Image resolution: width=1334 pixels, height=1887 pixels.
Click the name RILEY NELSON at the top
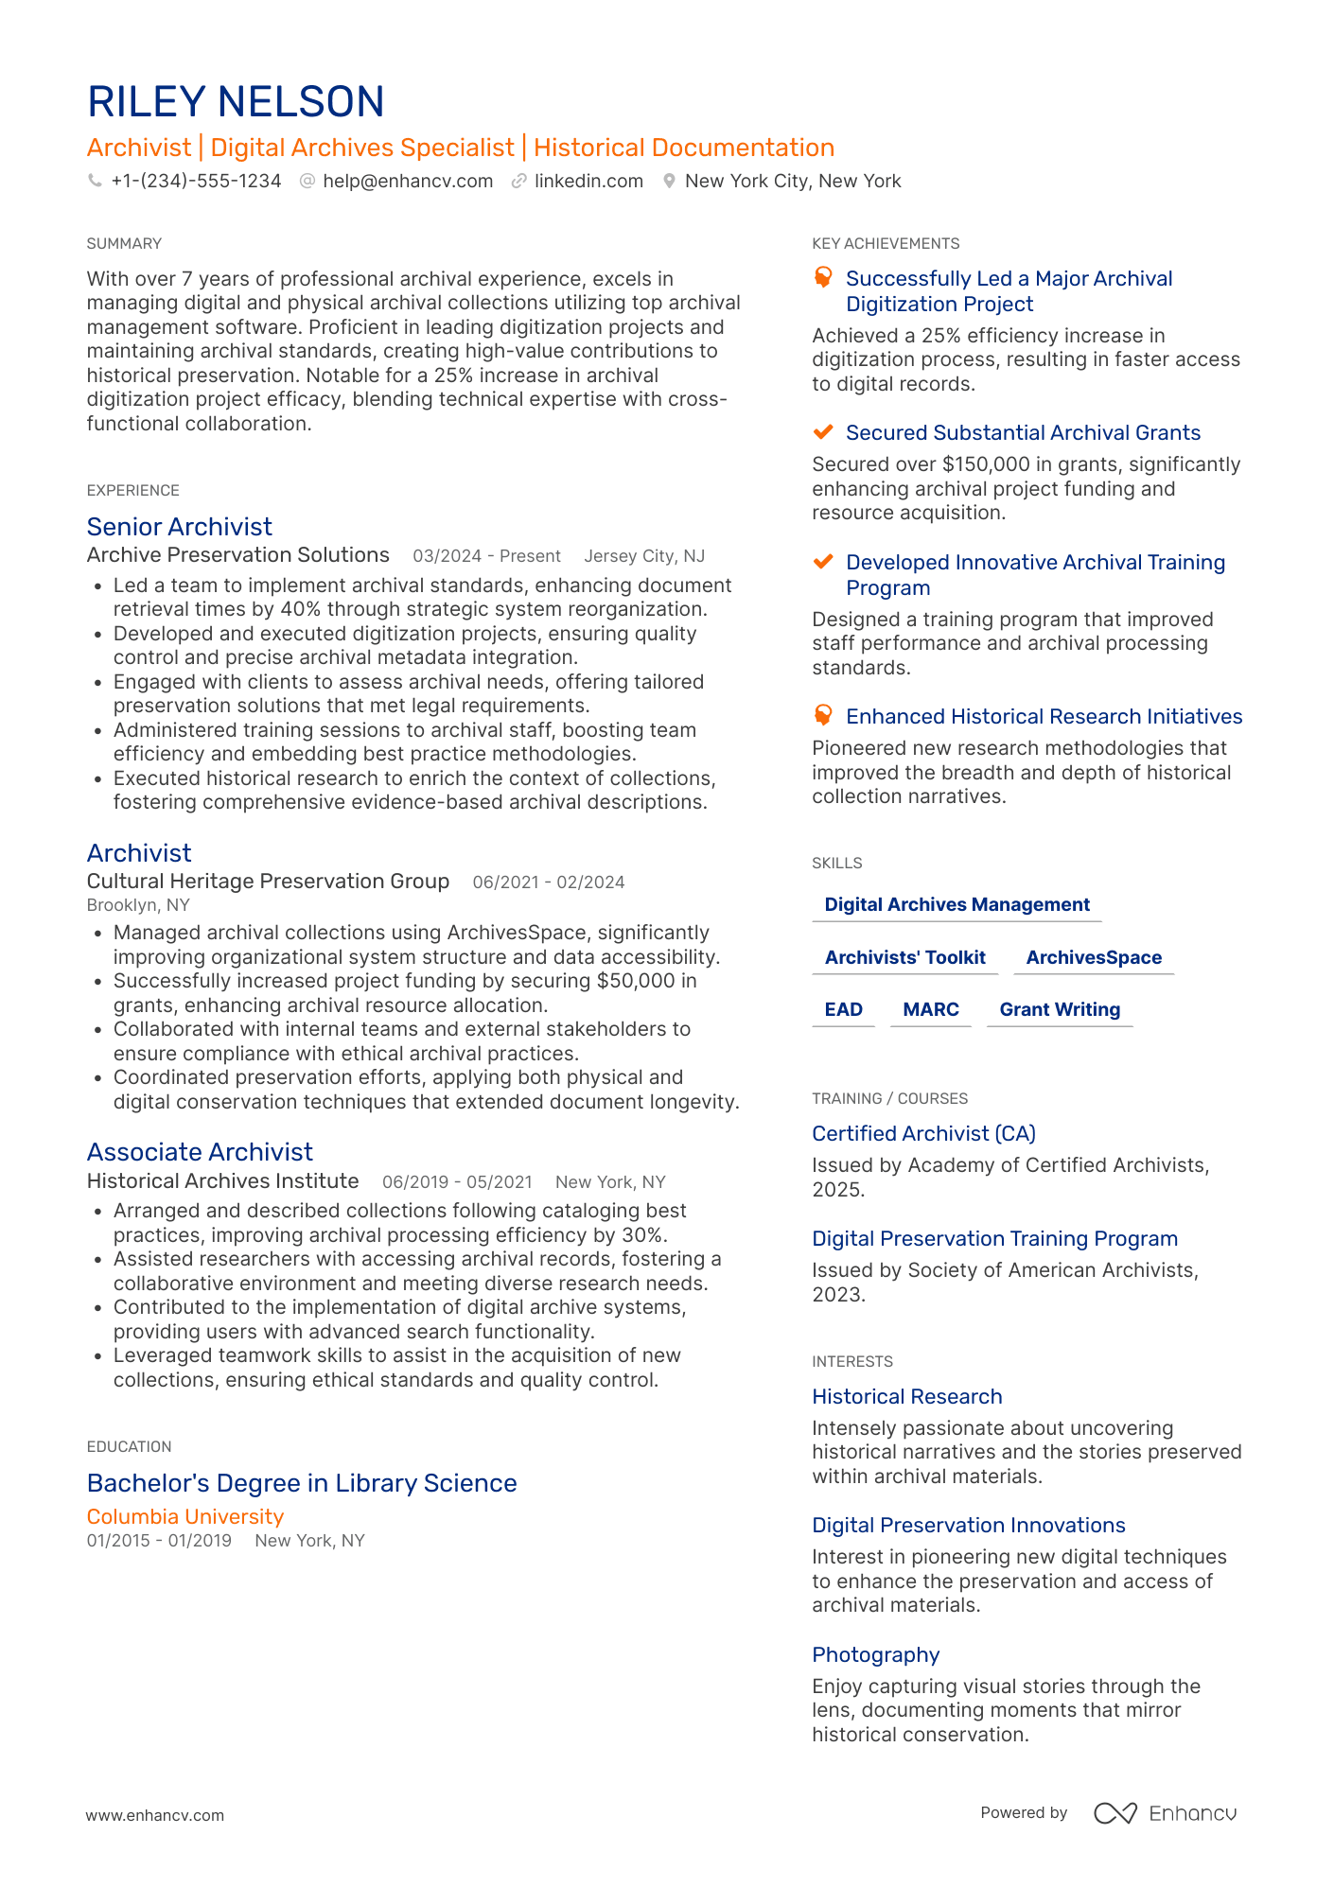point(236,102)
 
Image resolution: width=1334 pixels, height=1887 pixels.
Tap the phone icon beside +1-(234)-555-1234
point(95,181)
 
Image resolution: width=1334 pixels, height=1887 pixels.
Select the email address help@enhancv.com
point(408,181)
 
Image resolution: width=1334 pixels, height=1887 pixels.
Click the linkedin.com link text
point(588,181)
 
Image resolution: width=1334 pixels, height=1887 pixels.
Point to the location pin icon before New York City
point(669,181)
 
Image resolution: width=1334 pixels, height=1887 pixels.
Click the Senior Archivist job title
point(180,527)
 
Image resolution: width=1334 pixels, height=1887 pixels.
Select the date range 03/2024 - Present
point(486,556)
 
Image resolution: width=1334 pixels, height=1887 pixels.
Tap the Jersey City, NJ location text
point(644,556)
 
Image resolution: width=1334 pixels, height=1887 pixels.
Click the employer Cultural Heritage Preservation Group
point(268,882)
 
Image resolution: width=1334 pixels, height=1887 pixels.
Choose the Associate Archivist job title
point(200,1152)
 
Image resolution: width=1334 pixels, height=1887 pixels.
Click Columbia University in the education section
point(185,1517)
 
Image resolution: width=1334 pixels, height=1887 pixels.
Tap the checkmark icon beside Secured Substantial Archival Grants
point(823,432)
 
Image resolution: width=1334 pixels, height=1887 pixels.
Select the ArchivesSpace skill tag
point(1094,957)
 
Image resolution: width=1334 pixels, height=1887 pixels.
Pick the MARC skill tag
point(931,1009)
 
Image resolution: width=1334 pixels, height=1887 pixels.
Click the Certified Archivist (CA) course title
point(923,1133)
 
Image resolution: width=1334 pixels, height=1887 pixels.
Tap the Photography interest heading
point(875,1655)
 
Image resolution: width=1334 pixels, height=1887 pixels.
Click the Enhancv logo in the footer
point(1165,1813)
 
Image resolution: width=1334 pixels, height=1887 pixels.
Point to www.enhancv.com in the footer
point(155,1815)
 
